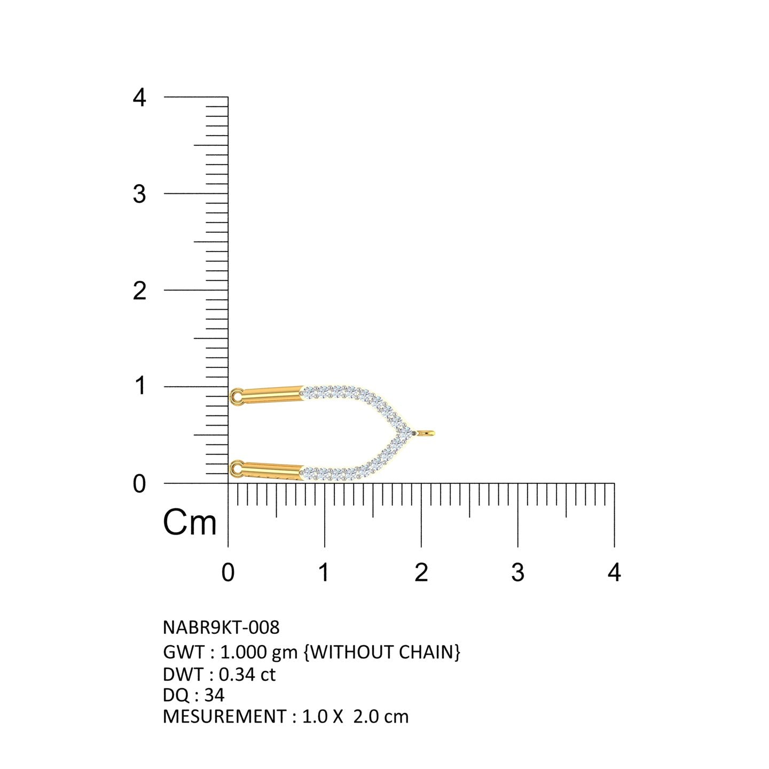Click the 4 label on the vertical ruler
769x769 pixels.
(x=139, y=97)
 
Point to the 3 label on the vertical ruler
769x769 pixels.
(x=139, y=194)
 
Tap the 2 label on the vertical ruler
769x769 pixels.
(x=139, y=291)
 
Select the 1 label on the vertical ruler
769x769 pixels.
(x=140, y=386)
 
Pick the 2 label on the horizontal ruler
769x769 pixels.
(x=421, y=572)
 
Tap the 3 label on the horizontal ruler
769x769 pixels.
(x=517, y=572)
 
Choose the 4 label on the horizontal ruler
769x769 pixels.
(x=614, y=572)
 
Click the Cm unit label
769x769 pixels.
(x=190, y=522)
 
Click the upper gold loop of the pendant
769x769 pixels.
(x=233, y=397)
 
